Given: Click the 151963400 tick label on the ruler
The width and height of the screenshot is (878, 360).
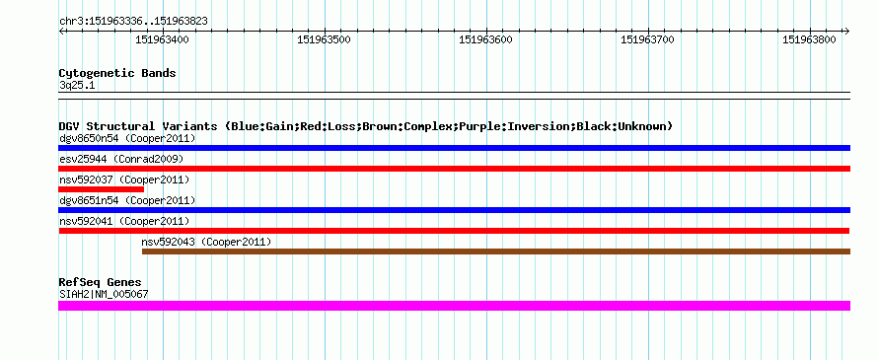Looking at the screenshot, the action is tap(163, 39).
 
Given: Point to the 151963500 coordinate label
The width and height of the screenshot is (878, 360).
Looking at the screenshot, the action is tap(325, 39).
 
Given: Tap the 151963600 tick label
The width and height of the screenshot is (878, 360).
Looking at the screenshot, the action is tap(486, 39).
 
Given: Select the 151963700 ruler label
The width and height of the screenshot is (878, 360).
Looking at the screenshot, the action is tap(648, 39).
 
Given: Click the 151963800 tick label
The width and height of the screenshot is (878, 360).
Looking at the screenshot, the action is tap(809, 39).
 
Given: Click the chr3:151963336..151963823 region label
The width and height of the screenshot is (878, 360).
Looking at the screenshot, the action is tap(133, 22).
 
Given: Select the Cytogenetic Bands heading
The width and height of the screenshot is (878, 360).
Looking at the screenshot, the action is tap(117, 73).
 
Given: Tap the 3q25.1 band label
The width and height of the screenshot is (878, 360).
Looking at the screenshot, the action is tap(77, 85).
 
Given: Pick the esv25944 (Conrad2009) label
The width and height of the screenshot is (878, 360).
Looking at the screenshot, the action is tap(121, 159).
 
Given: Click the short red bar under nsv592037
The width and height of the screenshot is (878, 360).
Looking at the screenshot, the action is tap(101, 189).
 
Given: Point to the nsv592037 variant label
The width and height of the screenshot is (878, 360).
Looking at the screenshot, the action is tap(86, 180).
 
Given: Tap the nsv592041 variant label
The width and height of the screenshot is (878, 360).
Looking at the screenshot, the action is tap(86, 221).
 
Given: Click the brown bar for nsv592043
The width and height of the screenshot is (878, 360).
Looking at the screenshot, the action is tap(496, 252).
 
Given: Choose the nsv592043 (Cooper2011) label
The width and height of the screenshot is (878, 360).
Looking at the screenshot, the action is tap(206, 242).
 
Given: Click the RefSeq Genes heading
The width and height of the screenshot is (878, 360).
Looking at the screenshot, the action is tap(100, 282).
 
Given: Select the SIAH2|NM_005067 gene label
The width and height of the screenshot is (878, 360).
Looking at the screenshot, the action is tap(104, 294).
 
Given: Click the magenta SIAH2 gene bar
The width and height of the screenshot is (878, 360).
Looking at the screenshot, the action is tap(454, 306).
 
